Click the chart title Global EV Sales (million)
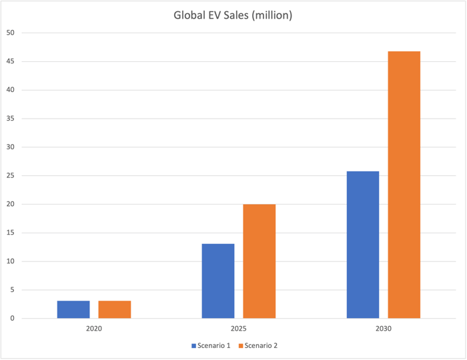(x=233, y=15)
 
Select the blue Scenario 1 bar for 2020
(x=73, y=309)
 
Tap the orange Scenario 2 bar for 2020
(x=115, y=309)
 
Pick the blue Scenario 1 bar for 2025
(x=218, y=281)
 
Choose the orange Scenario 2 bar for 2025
(x=260, y=261)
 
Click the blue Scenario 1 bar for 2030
(x=363, y=245)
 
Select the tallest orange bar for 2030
(x=404, y=185)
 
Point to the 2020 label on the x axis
(x=94, y=329)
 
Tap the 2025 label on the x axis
(x=239, y=329)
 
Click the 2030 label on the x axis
(x=384, y=329)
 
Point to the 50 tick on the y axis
(x=10, y=33)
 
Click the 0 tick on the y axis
(x=12, y=319)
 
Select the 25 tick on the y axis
(x=10, y=176)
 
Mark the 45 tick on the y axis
(x=10, y=61)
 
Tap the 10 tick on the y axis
(x=10, y=261)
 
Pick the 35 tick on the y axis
(x=10, y=119)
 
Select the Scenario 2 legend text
(x=262, y=345)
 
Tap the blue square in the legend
(x=194, y=345)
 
